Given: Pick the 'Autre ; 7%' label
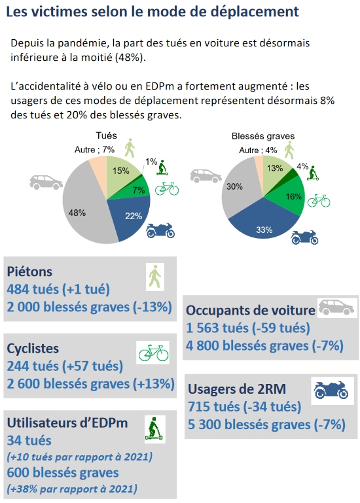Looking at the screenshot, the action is coord(94,150).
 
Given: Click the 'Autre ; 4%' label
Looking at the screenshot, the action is coord(258,150).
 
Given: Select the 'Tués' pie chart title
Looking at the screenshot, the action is coord(106,135).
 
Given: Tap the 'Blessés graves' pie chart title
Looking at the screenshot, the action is coord(263,136).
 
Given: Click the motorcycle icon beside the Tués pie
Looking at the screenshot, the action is coord(160,231).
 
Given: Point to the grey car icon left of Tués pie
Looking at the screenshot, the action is coord(46,182).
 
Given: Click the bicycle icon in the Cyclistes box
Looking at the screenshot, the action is coord(153,353).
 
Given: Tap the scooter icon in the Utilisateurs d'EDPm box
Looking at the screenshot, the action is coord(154,428).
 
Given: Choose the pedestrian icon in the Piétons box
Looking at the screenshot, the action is coord(155,277).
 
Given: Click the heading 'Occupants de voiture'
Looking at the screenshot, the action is coord(251,310).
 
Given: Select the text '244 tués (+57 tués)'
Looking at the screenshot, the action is coord(65,366).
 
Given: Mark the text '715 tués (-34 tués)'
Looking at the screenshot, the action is coord(245,406).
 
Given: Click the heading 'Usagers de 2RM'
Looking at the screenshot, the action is coord(237,389).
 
